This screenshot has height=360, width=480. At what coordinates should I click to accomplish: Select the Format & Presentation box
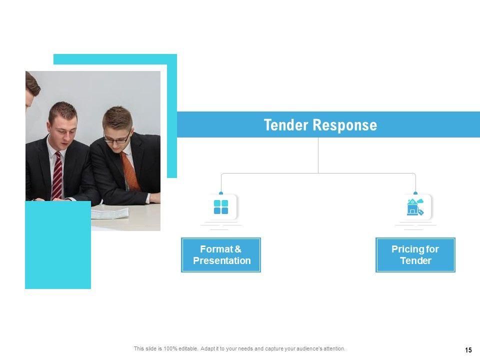(x=221, y=255)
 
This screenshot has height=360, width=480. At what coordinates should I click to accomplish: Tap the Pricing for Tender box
(x=415, y=255)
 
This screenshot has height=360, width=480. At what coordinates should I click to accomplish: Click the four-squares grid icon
(x=221, y=207)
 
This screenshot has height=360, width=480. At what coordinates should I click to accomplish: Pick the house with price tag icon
(x=415, y=207)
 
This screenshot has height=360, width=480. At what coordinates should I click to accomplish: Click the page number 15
(x=468, y=350)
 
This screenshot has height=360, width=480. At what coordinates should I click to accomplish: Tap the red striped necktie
(x=58, y=175)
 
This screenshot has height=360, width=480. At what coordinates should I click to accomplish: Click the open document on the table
(x=109, y=213)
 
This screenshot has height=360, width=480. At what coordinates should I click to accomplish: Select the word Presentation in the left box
(x=221, y=260)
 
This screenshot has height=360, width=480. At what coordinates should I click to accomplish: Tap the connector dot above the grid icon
(x=221, y=192)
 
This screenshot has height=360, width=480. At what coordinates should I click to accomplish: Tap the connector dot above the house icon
(x=415, y=192)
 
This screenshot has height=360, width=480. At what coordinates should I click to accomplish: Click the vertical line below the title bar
(x=318, y=155)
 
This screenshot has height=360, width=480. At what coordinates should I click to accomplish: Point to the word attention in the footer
(x=332, y=348)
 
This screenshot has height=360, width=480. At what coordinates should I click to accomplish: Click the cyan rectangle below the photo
(x=58, y=250)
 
